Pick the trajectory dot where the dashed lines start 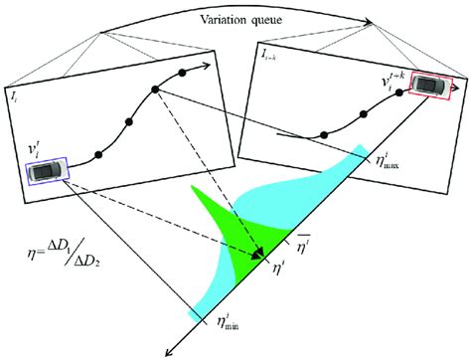pyautogui.click(x=156, y=89)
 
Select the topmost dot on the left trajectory pyautogui.click(x=182, y=75)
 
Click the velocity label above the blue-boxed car pyautogui.click(x=32, y=148)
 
